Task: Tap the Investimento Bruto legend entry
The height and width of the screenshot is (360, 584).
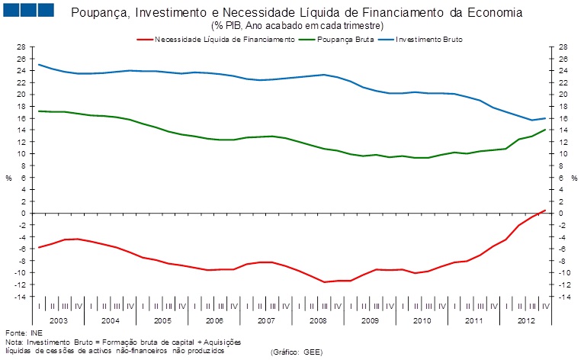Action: tap(430, 38)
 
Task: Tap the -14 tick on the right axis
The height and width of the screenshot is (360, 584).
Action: tap(562, 297)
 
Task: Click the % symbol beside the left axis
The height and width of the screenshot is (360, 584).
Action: tap(9, 178)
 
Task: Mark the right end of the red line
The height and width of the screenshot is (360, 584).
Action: tap(544, 210)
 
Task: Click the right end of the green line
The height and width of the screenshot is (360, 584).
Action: tap(544, 130)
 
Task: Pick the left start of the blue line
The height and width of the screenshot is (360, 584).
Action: tap(38, 65)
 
